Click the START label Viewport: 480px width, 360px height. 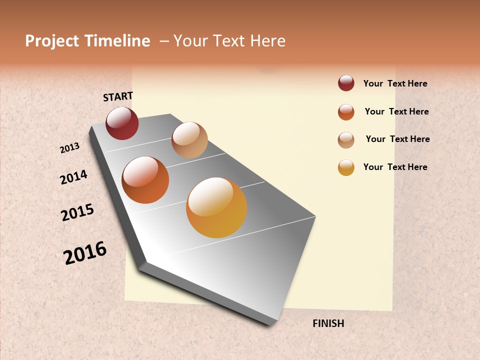118,96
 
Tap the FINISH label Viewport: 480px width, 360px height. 328,323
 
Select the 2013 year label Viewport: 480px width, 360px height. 69,148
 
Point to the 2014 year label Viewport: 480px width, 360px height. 73,177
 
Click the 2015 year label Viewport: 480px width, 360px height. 77,212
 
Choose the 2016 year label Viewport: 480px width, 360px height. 85,252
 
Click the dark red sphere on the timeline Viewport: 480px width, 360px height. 122,123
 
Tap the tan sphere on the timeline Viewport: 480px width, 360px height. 189,140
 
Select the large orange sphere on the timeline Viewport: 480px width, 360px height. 145,180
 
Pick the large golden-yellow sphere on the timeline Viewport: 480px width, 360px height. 216,207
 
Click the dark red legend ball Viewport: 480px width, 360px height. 346,83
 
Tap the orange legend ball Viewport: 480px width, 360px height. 346,112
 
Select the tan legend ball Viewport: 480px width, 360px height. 346,140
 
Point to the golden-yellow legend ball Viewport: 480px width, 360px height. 346,167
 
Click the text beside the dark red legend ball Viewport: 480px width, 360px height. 395,83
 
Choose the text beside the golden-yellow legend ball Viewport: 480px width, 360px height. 395,167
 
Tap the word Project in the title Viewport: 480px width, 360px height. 52,41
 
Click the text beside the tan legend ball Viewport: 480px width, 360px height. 397,139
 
